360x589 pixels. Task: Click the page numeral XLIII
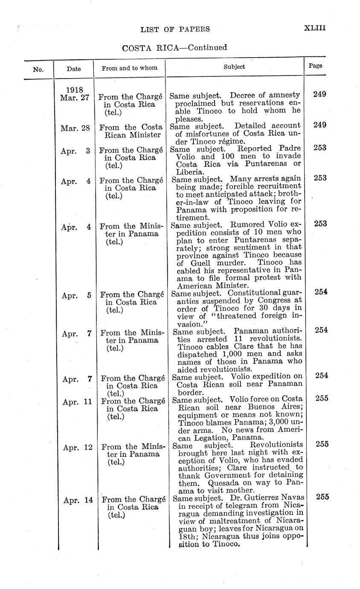pyautogui.click(x=315, y=28)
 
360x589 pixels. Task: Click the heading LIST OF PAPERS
pyautogui.click(x=175, y=29)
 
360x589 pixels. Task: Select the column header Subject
pyautogui.click(x=234, y=67)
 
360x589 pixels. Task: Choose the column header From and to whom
pyautogui.click(x=129, y=67)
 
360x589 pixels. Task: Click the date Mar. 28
pyautogui.click(x=75, y=128)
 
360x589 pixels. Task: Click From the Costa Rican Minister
pyautogui.click(x=131, y=131)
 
